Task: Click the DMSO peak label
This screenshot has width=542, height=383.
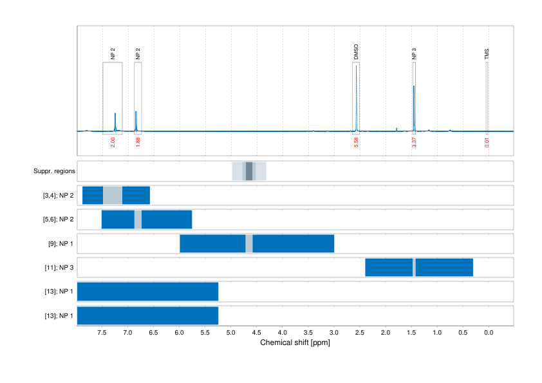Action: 356,52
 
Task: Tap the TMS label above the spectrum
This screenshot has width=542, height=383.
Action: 487,54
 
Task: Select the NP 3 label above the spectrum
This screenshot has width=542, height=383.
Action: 414,53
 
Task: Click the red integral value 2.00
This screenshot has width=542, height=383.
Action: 113,142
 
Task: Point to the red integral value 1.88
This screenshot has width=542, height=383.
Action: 138,142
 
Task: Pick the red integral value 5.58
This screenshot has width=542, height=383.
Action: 356,142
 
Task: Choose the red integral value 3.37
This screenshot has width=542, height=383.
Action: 414,142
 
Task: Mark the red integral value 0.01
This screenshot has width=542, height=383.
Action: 487,142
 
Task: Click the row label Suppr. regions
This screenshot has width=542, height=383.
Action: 54,171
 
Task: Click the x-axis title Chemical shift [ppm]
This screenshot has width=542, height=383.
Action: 295,343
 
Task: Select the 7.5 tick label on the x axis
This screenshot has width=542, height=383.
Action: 102,333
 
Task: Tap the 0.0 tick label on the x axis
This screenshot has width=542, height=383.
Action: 488,333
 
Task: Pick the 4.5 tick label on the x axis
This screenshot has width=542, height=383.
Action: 256,333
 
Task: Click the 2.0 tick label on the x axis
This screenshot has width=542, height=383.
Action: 385,333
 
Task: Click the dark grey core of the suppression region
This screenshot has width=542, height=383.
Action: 249,171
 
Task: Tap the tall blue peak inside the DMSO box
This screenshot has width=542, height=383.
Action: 356,97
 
